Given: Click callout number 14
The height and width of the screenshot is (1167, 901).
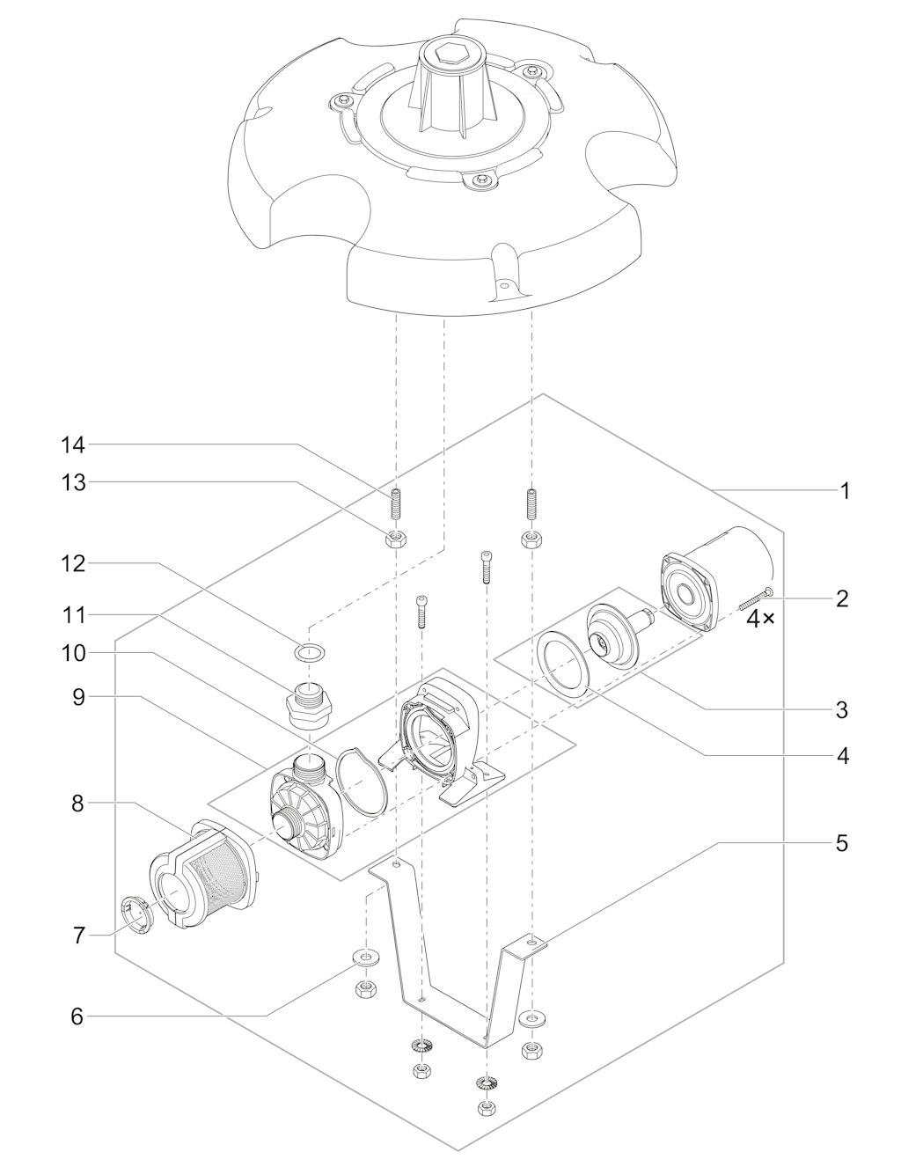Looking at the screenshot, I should (73, 446).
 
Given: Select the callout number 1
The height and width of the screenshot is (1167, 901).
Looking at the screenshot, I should (844, 491).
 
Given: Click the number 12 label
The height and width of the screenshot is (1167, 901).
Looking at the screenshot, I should (73, 564).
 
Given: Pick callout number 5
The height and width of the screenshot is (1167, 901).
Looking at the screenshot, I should (842, 843).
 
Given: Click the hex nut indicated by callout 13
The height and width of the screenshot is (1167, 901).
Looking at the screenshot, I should (395, 539).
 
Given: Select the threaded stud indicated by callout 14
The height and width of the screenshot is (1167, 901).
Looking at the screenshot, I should (396, 505).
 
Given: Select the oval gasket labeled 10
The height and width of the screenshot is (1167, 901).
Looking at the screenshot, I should (361, 779).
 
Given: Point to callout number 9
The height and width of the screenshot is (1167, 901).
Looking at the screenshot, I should (79, 697).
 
